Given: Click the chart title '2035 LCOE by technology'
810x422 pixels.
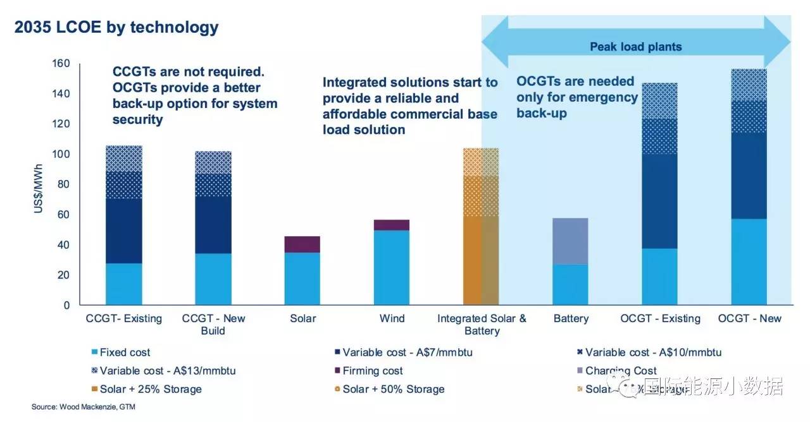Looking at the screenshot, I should (116, 28).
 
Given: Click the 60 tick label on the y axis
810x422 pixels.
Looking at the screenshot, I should (63, 215).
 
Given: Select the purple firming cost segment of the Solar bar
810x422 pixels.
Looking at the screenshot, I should (302, 244).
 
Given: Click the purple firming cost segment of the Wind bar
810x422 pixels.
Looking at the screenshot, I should (392, 225).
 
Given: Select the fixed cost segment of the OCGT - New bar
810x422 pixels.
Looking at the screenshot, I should (749, 262).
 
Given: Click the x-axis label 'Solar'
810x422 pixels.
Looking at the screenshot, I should (303, 318).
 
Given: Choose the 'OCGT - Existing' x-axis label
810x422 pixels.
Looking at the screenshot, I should (659, 318).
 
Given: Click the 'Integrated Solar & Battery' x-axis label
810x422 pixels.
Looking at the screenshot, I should (482, 325).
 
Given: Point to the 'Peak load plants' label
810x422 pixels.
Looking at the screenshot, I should (636, 47).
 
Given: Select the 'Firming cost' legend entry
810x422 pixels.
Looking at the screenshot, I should (372, 371).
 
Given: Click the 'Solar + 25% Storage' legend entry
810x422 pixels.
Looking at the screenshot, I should (151, 389).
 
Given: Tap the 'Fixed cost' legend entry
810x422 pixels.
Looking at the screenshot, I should (125, 353).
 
